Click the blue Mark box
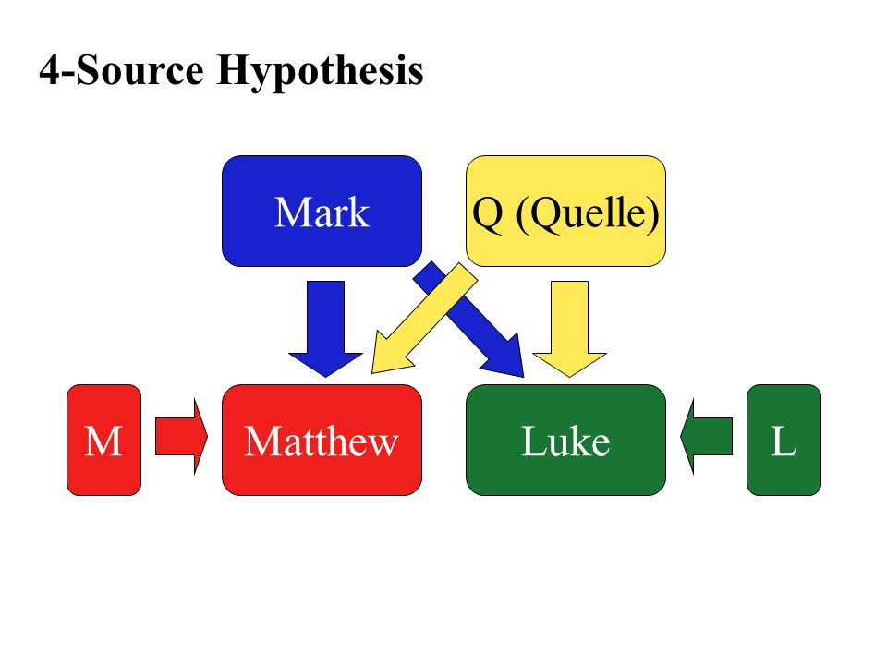(x=322, y=211)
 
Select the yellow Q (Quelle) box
(x=565, y=211)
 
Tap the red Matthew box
(x=322, y=440)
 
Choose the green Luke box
(x=565, y=440)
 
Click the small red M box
(x=103, y=440)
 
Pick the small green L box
(x=784, y=440)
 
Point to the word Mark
(x=322, y=213)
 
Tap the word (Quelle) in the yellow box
(x=588, y=213)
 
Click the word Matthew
(x=322, y=442)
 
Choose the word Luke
(x=565, y=442)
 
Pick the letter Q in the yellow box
(x=488, y=213)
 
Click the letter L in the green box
(x=784, y=442)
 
